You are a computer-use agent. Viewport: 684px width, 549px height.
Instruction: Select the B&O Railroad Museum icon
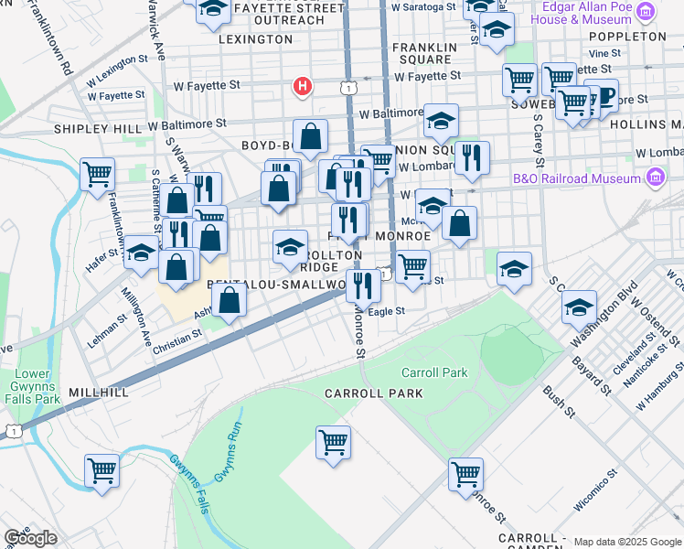click(x=655, y=177)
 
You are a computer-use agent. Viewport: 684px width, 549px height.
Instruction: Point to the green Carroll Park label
click(x=434, y=372)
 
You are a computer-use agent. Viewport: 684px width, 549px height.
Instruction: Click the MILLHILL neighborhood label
click(x=98, y=391)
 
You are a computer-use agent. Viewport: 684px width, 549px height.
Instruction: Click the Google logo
click(x=30, y=538)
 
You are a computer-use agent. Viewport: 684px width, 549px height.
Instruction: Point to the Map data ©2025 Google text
click(x=627, y=542)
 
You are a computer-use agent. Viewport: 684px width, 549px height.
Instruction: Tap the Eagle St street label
click(x=386, y=311)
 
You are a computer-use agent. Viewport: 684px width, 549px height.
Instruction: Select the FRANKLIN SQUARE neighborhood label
click(x=422, y=53)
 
